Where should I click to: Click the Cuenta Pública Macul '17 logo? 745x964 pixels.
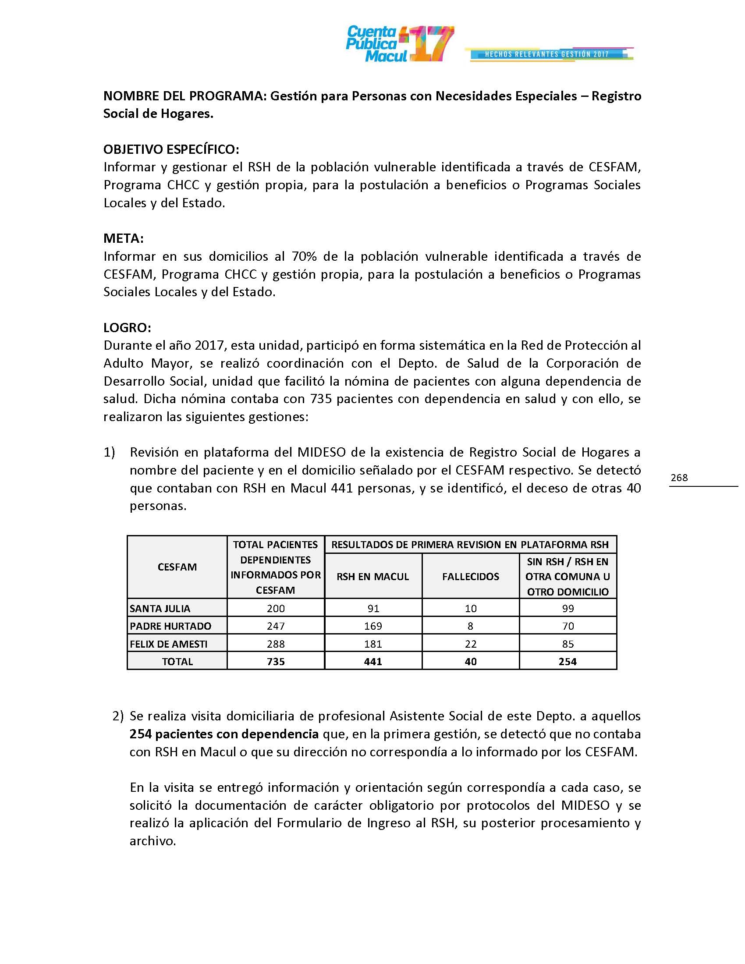coord(399,44)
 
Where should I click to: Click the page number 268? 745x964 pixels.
coord(679,478)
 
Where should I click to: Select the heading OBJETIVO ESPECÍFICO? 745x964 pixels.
coord(171,149)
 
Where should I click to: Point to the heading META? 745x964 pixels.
coord(124,238)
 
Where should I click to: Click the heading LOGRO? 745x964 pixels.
coord(127,327)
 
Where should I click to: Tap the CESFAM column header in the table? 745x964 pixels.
coord(177,567)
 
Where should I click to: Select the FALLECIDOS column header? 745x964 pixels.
coord(471,577)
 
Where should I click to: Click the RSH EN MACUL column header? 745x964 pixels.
coord(373,577)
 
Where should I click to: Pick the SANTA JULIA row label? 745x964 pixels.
coord(160,609)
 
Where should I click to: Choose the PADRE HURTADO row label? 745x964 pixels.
coord(170,626)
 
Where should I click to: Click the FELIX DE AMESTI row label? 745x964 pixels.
coord(169,644)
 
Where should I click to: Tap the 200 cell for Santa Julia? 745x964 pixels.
coord(276,609)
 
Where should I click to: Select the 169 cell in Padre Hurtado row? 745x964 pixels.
coord(373,626)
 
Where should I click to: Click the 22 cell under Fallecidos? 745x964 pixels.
coord(471,644)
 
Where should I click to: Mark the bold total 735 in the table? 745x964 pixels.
coord(276,662)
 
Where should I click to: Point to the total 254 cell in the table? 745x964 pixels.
coord(568,662)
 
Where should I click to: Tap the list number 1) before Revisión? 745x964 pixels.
coord(109,452)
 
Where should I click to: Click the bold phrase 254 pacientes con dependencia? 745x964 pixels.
coord(224,734)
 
